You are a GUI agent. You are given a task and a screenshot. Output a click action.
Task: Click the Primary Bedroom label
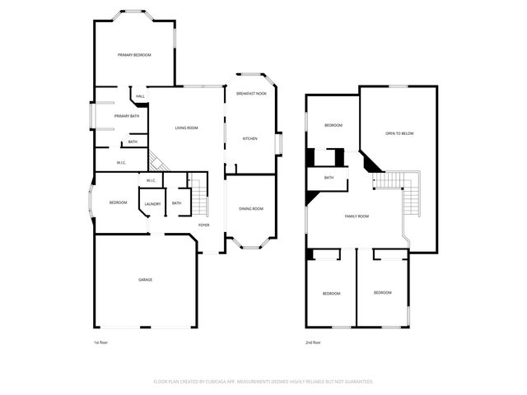point(133,54)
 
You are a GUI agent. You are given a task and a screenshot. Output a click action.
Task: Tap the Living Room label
point(186,128)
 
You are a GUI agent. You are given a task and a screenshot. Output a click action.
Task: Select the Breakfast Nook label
point(251,94)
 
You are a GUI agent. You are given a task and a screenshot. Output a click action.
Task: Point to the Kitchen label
point(250,138)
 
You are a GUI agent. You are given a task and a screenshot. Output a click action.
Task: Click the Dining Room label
point(251,209)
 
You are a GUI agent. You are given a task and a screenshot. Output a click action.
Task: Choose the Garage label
point(145,280)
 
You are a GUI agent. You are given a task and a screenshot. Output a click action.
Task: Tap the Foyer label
point(203,225)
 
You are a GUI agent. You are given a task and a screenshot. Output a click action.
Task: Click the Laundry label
point(152,204)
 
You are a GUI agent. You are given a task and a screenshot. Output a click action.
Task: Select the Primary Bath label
point(126,116)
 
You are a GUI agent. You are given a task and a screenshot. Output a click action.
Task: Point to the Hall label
point(140,97)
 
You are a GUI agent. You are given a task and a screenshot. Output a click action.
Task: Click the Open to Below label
point(399,133)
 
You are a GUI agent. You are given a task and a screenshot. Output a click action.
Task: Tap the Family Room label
point(357,216)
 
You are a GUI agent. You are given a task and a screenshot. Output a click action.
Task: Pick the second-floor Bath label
point(329,178)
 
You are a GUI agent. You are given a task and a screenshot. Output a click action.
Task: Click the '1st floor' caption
point(101,342)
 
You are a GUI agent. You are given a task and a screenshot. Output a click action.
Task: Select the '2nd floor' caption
point(313,342)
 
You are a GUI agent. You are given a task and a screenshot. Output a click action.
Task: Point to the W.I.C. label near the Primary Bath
point(120,162)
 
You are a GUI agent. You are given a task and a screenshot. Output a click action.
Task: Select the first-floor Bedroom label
point(119,202)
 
